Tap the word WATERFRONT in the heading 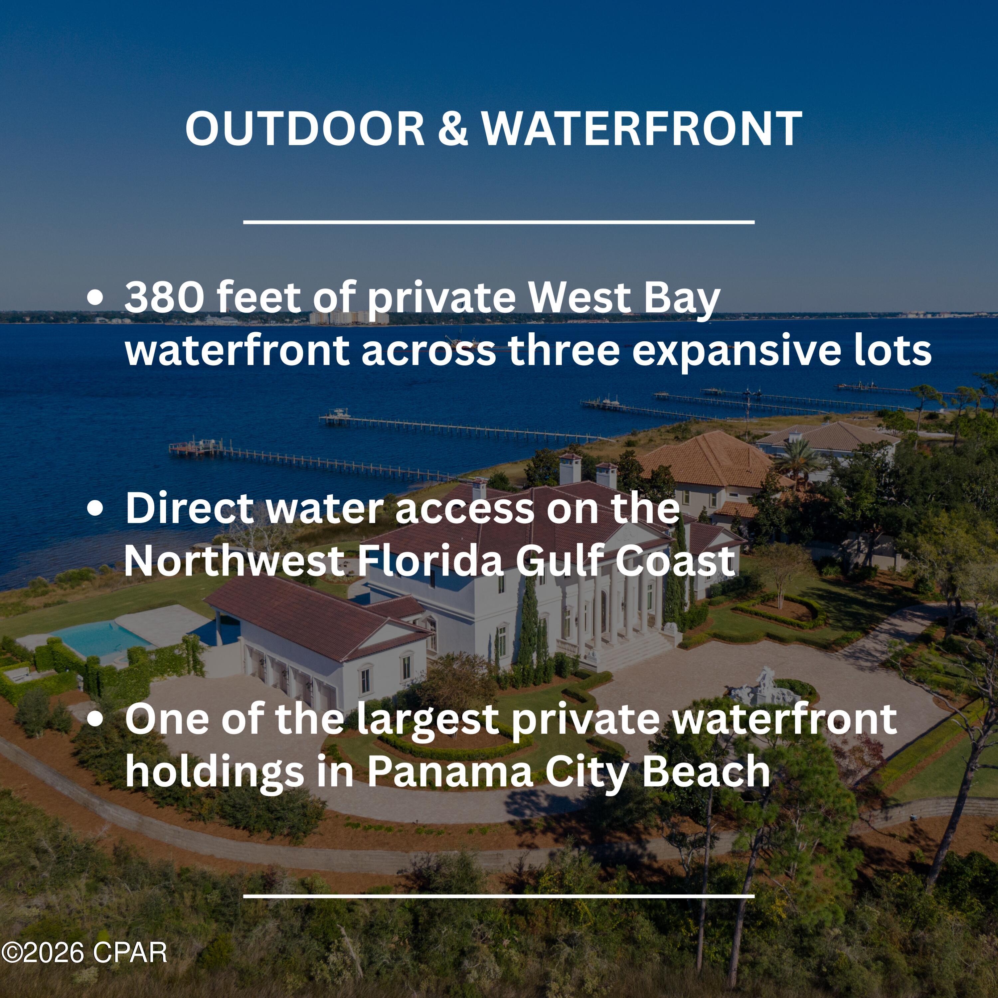tap(642, 129)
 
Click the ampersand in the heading tap(453, 129)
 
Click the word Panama tap(450, 773)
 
